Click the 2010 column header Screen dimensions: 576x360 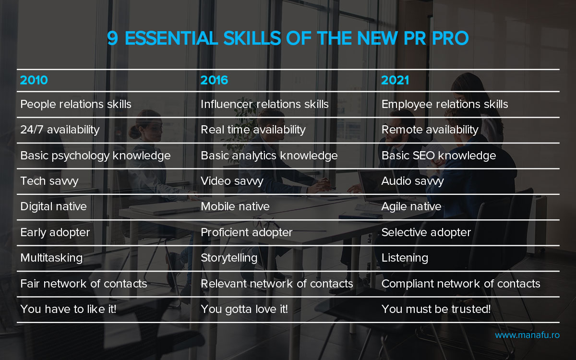coord(34,80)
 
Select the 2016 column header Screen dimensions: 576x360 coord(214,80)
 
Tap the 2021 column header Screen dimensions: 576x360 coord(395,80)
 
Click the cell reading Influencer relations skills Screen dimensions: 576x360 coord(264,104)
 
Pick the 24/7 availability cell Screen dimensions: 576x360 coord(60,130)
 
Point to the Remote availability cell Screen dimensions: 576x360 coord(430,130)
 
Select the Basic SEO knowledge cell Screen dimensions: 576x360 coord(439,156)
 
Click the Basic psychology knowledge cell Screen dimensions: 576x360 coord(96,156)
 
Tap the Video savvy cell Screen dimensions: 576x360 coord(232,181)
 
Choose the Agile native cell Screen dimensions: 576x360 coord(411,206)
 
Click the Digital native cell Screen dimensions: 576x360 coord(53,206)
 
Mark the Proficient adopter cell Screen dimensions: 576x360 coord(247,232)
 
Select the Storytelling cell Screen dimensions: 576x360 coord(229,258)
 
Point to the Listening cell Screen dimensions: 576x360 coord(405,258)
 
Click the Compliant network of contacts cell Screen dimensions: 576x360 coord(461,284)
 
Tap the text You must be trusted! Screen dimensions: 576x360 coord(436,309)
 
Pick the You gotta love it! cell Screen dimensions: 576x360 coord(244,309)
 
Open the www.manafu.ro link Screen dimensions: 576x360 coord(527,335)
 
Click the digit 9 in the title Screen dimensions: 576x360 coord(113,38)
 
